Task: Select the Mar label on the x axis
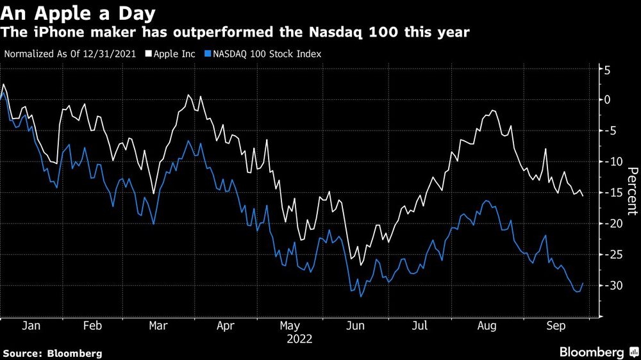(x=158, y=325)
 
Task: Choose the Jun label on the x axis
(x=355, y=325)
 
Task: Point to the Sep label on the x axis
(x=555, y=325)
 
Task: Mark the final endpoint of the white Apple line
(x=583, y=196)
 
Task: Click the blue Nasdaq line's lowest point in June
(x=362, y=297)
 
